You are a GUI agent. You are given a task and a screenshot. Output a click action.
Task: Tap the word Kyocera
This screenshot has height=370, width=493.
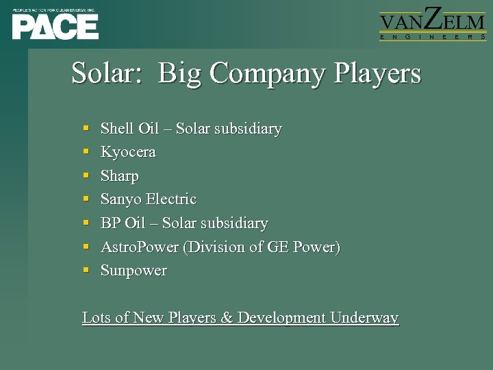[128, 152]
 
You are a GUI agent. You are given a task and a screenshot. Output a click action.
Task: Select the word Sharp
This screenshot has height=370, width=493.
[120, 176]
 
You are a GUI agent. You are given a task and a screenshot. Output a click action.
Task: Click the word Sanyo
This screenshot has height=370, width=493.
[119, 199]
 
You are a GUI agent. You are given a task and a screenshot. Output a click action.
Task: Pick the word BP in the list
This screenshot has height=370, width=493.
[110, 223]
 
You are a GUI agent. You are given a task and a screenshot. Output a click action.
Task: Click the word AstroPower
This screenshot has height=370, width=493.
[140, 247]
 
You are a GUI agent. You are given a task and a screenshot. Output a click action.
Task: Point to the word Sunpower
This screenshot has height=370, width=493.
[134, 271]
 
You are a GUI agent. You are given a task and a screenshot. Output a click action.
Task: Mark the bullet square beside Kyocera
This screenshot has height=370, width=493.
[86, 152]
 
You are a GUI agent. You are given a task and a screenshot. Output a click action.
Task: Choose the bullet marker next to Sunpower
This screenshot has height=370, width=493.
[86, 271]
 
